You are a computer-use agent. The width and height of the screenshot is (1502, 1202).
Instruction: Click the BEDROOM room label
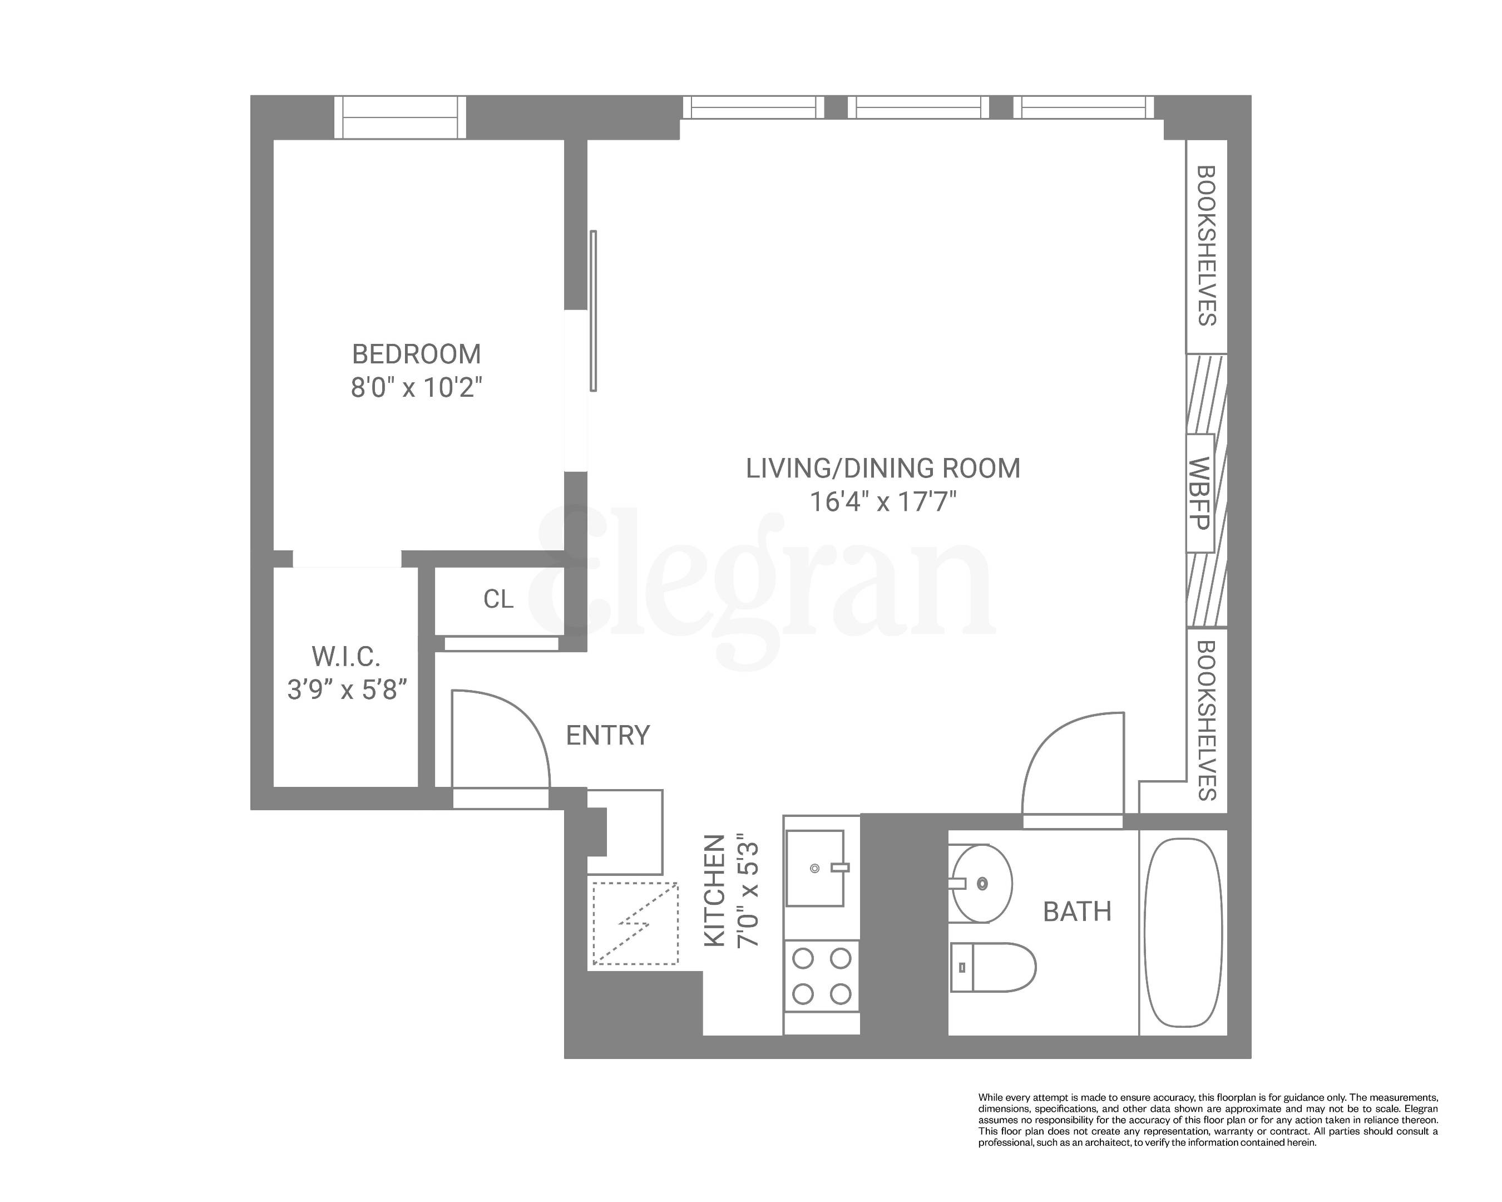(416, 354)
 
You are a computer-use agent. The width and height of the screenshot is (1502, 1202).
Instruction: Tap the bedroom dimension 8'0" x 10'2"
(416, 387)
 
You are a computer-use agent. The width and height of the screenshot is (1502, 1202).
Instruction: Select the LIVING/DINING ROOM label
(883, 468)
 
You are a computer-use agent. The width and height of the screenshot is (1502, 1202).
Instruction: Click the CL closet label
(498, 599)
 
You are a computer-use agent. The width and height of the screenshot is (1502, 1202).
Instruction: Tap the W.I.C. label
(345, 657)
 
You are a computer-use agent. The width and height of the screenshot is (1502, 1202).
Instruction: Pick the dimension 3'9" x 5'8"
(346, 690)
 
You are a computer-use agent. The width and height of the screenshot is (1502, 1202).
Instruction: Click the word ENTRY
(607, 735)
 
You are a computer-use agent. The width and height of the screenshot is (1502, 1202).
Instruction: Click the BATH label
(1076, 912)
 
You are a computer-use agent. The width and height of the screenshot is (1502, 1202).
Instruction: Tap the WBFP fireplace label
(1199, 494)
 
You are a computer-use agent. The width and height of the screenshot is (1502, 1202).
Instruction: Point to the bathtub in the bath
(1183, 932)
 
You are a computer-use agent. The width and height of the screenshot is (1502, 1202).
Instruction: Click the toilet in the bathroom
(993, 967)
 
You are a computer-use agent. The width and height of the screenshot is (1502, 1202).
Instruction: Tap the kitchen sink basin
(814, 868)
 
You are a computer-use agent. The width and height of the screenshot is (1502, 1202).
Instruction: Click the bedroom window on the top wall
(399, 117)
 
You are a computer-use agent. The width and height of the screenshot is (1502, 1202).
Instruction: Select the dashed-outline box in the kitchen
(635, 923)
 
